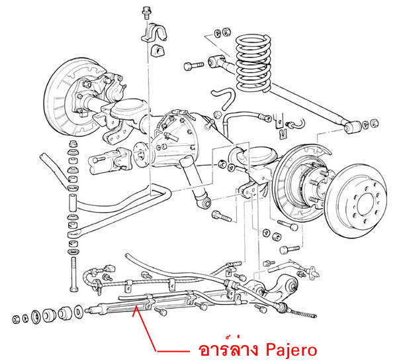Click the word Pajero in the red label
(292, 349)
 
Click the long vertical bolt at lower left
(71, 272)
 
